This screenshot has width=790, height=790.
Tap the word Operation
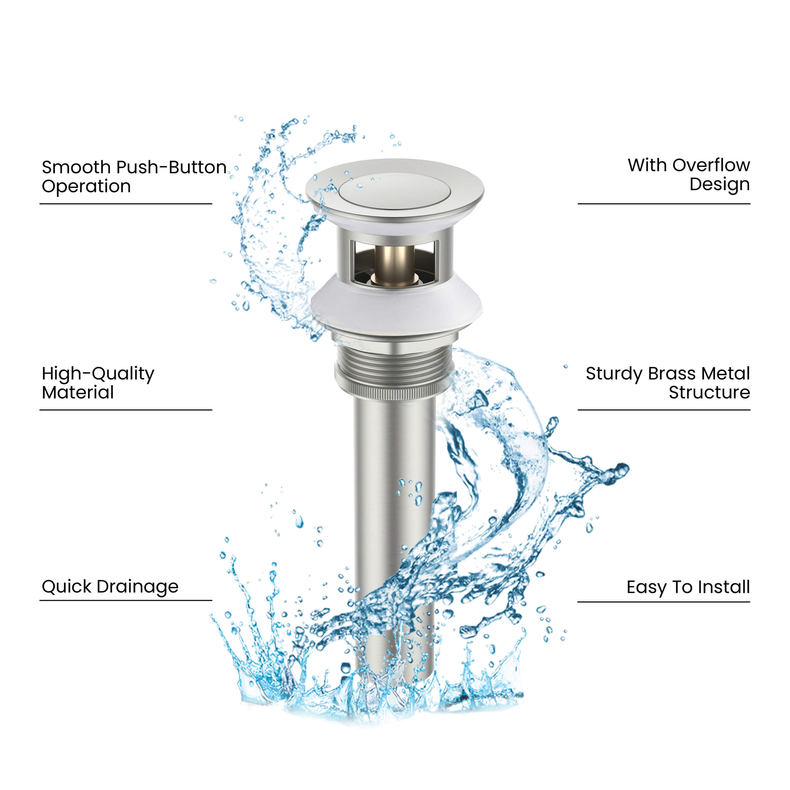86,187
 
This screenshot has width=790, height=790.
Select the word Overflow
711,165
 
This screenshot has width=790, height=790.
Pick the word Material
78,392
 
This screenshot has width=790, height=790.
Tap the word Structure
709,392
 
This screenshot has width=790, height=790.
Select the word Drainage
138,587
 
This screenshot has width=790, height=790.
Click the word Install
724,587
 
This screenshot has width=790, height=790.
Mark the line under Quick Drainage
126,601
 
